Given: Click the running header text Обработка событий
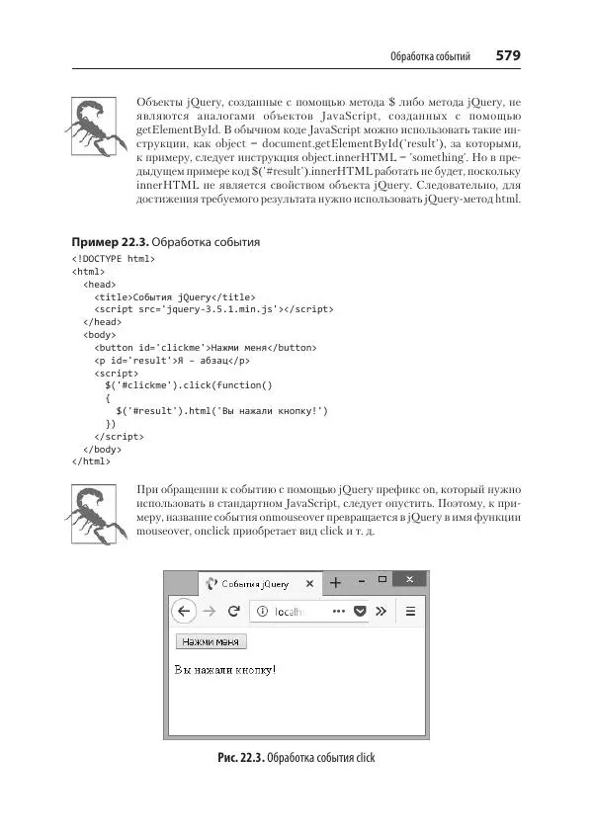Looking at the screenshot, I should coord(430,55).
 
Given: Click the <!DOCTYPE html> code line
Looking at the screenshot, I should coord(114,259).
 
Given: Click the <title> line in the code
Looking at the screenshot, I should coord(174,296).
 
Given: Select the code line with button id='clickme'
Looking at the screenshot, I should coord(205,347).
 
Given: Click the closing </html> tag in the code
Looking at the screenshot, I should coord(92,461).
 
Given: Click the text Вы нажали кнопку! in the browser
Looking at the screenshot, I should coord(225,670).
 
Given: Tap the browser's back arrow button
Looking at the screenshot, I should coord(184,611).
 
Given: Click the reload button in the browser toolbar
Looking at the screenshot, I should coord(234,611).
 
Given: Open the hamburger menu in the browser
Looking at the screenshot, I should coord(410,611).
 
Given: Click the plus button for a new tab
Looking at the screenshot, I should coord(335,582).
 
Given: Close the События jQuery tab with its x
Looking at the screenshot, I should coord(309,583).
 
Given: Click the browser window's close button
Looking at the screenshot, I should coord(409,579).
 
